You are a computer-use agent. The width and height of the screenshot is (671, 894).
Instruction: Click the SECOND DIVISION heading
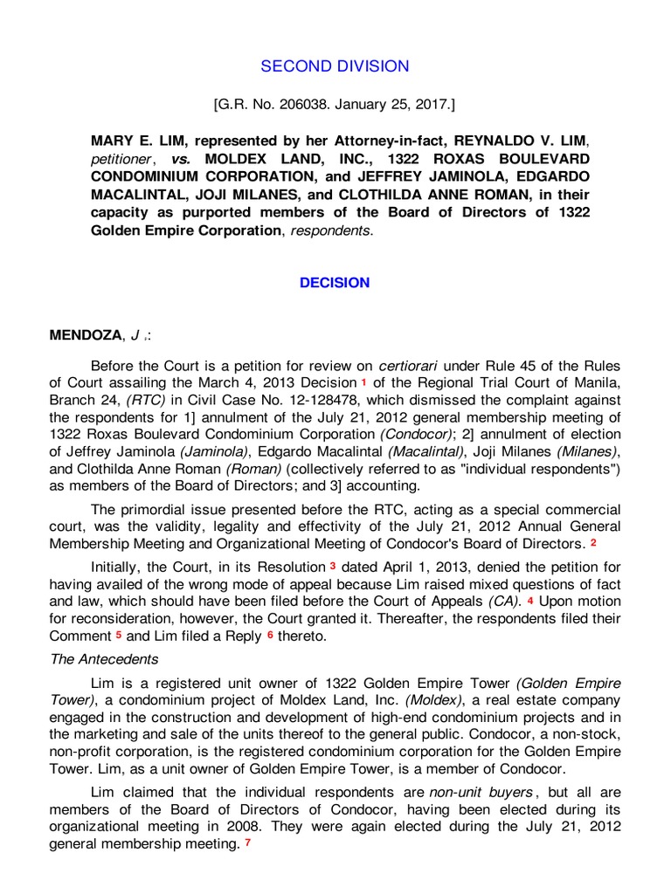(335, 66)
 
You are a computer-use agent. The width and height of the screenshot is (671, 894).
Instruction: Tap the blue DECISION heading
(335, 283)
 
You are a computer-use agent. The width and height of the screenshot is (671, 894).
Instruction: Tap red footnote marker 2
(594, 542)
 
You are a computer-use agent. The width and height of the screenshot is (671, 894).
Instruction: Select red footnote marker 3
(333, 566)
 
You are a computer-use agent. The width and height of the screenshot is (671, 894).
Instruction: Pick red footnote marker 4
(530, 601)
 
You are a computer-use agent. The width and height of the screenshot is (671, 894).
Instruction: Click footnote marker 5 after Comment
(118, 635)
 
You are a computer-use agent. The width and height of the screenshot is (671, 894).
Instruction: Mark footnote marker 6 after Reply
(270, 635)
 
